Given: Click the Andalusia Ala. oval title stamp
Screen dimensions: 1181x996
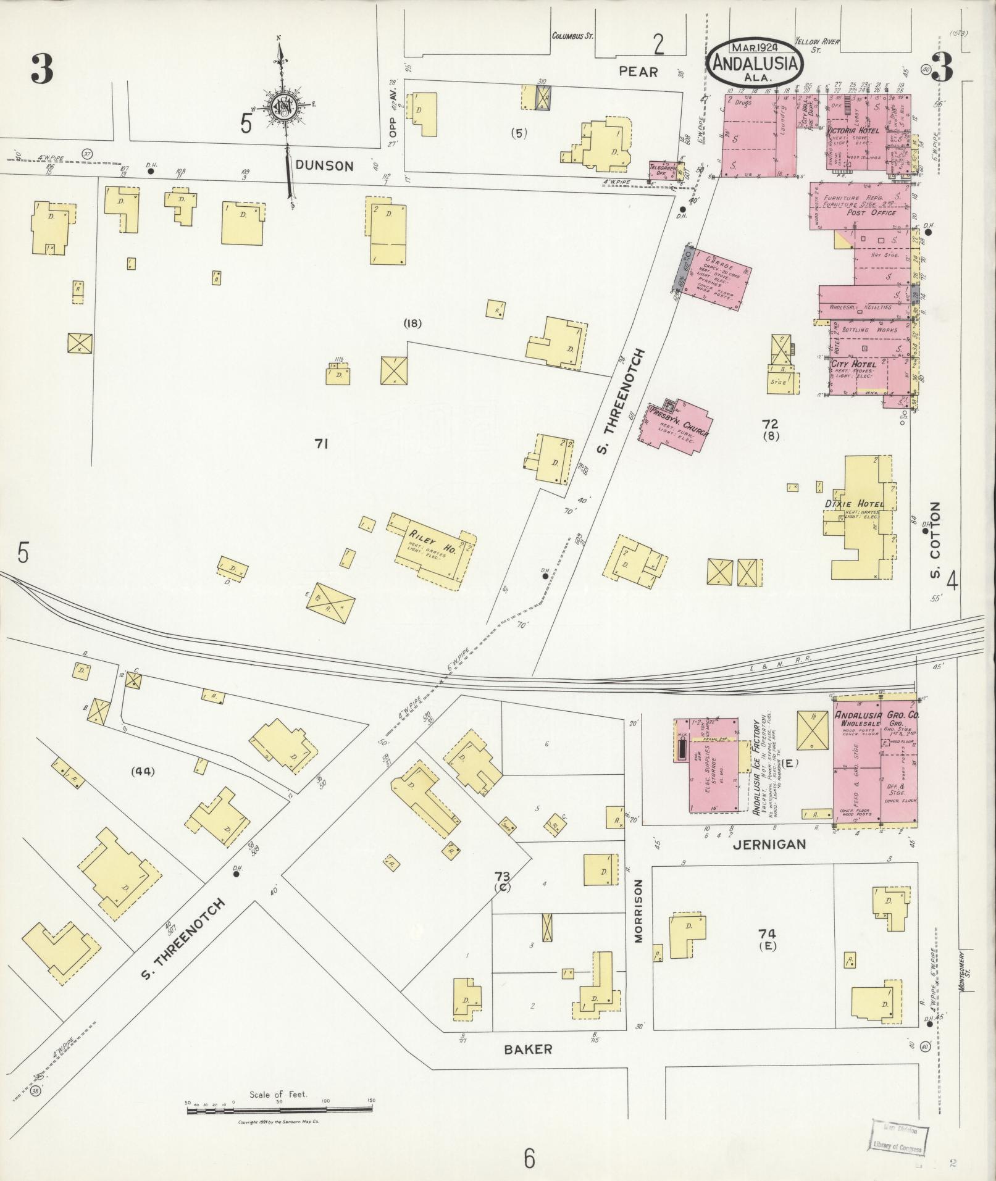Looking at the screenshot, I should pyautogui.click(x=755, y=62).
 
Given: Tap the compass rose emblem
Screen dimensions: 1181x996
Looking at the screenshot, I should pyautogui.click(x=283, y=107).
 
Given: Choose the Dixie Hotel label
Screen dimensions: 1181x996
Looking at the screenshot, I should pyautogui.click(x=855, y=504).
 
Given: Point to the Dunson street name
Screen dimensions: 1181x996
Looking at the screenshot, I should pyautogui.click(x=324, y=165).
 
